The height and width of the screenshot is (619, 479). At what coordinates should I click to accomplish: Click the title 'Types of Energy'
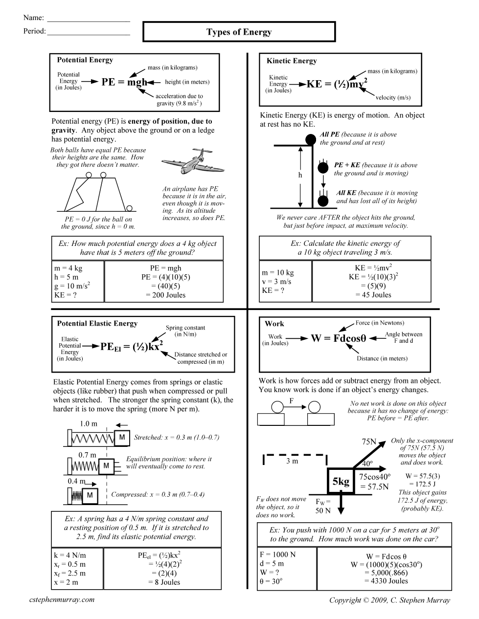[239, 32]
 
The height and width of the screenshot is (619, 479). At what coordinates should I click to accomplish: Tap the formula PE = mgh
[124, 82]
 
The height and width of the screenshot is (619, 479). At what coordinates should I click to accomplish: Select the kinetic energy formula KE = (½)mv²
[337, 84]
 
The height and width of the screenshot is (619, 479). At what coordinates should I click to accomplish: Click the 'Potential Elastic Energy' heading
[97, 323]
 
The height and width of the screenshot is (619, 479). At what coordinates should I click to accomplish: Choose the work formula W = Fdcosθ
[338, 338]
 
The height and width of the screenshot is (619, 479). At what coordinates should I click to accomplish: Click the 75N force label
[369, 442]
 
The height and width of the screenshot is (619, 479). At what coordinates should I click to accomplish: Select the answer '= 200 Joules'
[166, 295]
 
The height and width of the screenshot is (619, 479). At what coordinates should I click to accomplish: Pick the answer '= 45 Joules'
[373, 295]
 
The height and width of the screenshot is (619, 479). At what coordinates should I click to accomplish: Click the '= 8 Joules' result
[164, 582]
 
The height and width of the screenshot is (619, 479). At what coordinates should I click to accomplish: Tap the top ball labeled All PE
[310, 140]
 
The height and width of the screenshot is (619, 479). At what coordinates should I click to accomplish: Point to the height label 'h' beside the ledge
[300, 175]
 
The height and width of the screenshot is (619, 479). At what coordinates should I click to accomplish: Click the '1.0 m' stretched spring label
[89, 424]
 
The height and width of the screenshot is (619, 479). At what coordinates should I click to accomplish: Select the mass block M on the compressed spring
[90, 496]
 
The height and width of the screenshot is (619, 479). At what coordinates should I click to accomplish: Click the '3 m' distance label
[292, 461]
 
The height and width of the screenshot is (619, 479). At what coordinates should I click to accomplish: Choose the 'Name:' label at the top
[34, 18]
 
